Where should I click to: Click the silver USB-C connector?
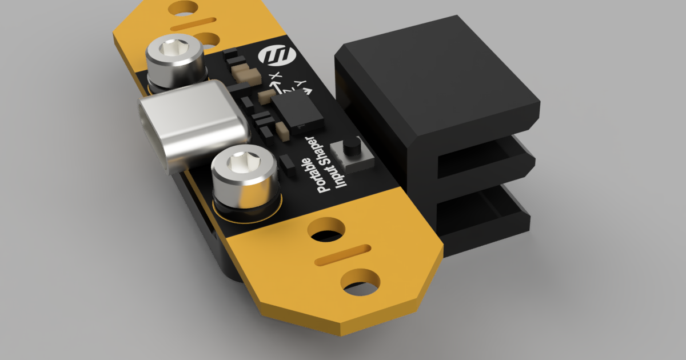tap(194, 126)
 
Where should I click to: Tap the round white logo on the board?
tap(277, 56)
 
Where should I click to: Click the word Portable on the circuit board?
tap(313, 175)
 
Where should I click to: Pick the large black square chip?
tap(297, 113)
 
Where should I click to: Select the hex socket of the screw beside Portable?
tap(244, 161)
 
